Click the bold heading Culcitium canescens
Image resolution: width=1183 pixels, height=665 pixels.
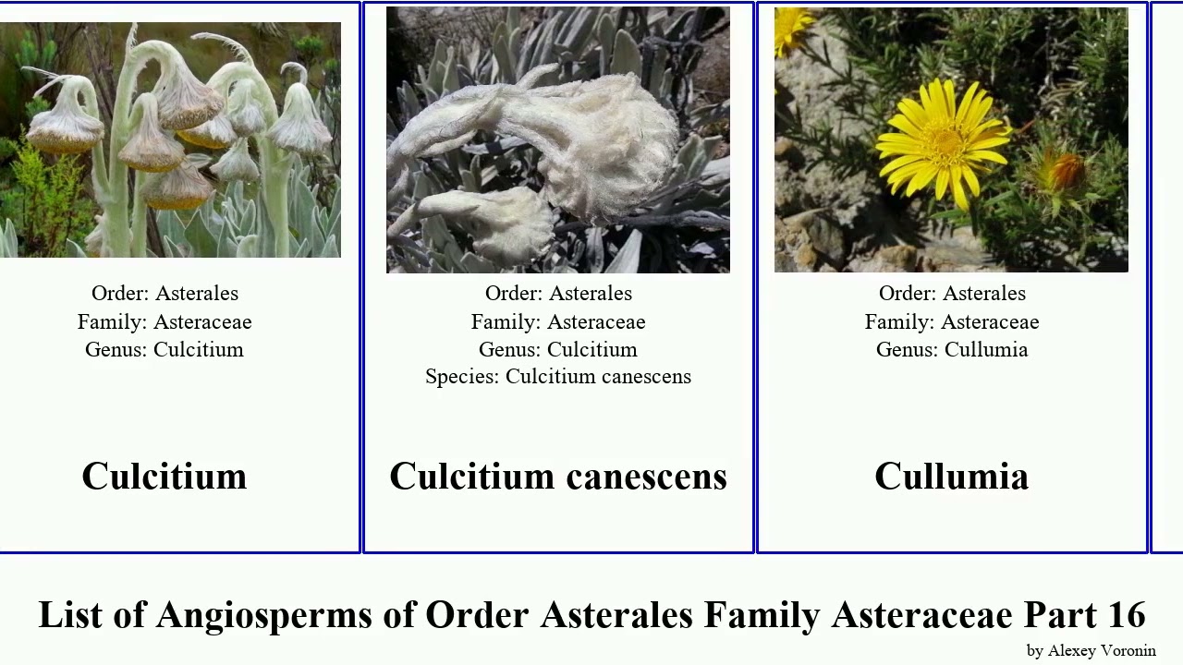(558, 477)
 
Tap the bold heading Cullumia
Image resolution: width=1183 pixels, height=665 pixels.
(951, 477)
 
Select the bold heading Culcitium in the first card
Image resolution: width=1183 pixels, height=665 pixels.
(165, 477)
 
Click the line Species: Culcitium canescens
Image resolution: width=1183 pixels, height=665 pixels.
(558, 377)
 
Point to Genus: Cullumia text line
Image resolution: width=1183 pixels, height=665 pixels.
(952, 350)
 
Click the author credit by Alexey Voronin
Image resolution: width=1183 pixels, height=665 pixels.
(1091, 651)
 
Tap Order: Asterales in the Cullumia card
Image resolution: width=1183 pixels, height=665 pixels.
(952, 294)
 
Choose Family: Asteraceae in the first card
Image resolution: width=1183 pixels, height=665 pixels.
(165, 322)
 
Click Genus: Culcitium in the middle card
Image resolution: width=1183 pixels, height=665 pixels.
(558, 350)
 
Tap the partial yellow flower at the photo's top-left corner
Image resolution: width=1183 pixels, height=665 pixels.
(792, 28)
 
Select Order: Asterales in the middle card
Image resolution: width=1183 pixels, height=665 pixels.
(558, 294)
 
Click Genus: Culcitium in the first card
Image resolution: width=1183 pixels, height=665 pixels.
(165, 350)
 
